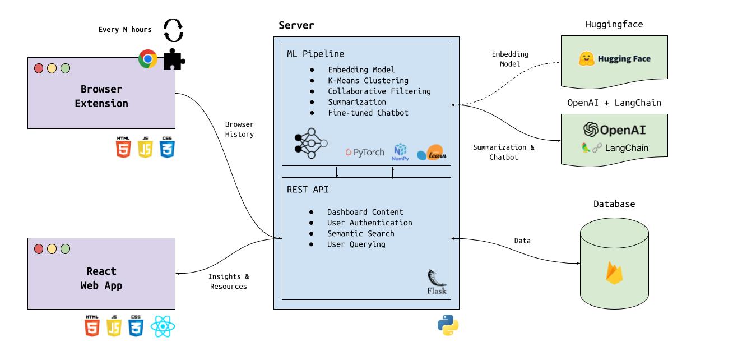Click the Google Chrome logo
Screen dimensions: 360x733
click(148, 59)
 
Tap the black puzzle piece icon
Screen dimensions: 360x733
click(173, 59)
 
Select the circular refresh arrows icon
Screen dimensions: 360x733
click(173, 30)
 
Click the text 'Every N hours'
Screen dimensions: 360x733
click(125, 30)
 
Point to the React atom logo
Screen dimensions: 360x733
click(163, 326)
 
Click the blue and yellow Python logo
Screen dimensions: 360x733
click(448, 325)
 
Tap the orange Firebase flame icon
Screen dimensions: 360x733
click(614, 273)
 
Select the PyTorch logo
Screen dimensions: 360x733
click(365, 152)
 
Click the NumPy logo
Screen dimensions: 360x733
click(400, 152)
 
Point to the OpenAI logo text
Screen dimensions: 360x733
click(614, 130)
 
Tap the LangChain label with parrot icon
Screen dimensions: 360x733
click(614, 148)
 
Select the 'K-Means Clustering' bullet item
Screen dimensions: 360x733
click(368, 80)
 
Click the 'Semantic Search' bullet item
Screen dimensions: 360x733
click(360, 233)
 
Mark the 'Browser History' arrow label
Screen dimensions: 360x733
click(239, 129)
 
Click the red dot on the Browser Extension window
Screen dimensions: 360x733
click(39, 68)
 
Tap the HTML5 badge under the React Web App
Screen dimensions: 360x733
click(92, 326)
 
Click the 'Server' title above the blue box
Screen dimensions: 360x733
click(296, 25)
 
